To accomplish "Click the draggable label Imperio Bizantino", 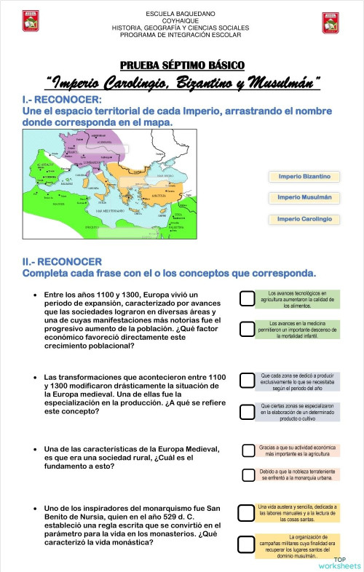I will pyautogui.click(x=304, y=176).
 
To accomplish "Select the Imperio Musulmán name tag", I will pyautogui.click(x=304, y=197).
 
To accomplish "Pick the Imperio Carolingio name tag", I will pyautogui.click(x=304, y=218).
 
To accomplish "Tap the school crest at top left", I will pyautogui.click(x=31, y=22).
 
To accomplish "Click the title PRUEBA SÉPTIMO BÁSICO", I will pyautogui.click(x=182, y=65).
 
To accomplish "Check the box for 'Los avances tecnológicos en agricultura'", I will pyautogui.click(x=246, y=298).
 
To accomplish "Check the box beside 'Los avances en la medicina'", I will pyautogui.click(x=246, y=327).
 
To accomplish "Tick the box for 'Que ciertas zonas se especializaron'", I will pyautogui.click(x=246, y=412).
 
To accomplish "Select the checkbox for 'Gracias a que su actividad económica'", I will pyautogui.click(x=246, y=450).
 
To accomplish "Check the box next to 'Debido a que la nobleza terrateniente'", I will pyautogui.click(x=246, y=475).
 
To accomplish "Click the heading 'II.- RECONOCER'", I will pyautogui.click(x=63, y=261).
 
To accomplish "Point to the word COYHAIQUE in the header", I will pyautogui.click(x=181, y=21).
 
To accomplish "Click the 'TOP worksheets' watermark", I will pyautogui.click(x=339, y=562).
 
